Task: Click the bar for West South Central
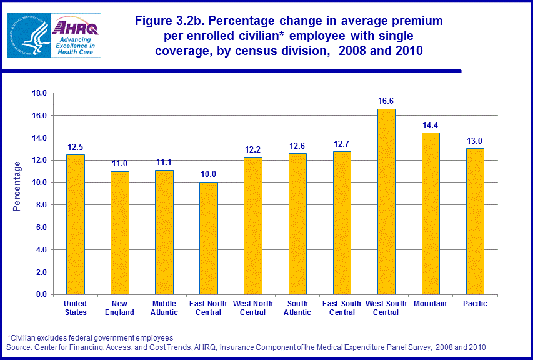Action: pos(386,201)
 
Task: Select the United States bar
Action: pos(76,224)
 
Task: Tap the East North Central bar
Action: pos(209,238)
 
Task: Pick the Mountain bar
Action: pos(430,213)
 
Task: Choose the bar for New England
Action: pos(120,232)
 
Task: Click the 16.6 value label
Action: pos(386,101)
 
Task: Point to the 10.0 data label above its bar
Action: pos(209,174)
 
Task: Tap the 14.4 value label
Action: pos(430,125)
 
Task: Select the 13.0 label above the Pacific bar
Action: pos(474,141)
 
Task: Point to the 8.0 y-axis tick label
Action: pos(41,205)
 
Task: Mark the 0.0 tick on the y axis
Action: pos(41,294)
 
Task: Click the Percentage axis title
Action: pos(17,186)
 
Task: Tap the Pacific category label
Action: pos(474,304)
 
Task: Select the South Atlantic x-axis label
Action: pos(297,308)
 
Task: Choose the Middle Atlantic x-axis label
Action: pos(164,308)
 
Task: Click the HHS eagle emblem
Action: pos(28,36)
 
